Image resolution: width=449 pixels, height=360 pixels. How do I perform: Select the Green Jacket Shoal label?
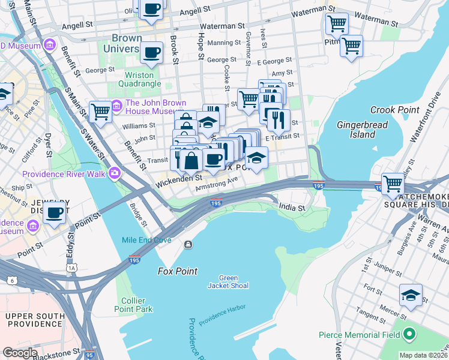pos(228,281)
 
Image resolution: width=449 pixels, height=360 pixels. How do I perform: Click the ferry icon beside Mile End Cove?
pos(188,244)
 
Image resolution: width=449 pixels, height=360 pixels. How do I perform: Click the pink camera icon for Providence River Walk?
pos(114,174)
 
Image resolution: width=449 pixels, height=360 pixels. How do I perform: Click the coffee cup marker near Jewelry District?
pos(55,212)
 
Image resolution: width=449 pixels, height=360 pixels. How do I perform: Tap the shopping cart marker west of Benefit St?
pos(100,110)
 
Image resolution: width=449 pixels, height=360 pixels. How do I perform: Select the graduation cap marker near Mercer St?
pos(411,295)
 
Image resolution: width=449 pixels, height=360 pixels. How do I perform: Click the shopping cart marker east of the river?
pos(393,182)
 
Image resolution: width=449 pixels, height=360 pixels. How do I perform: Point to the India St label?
pos(292,208)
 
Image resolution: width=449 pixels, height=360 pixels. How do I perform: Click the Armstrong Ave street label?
pos(212,188)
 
